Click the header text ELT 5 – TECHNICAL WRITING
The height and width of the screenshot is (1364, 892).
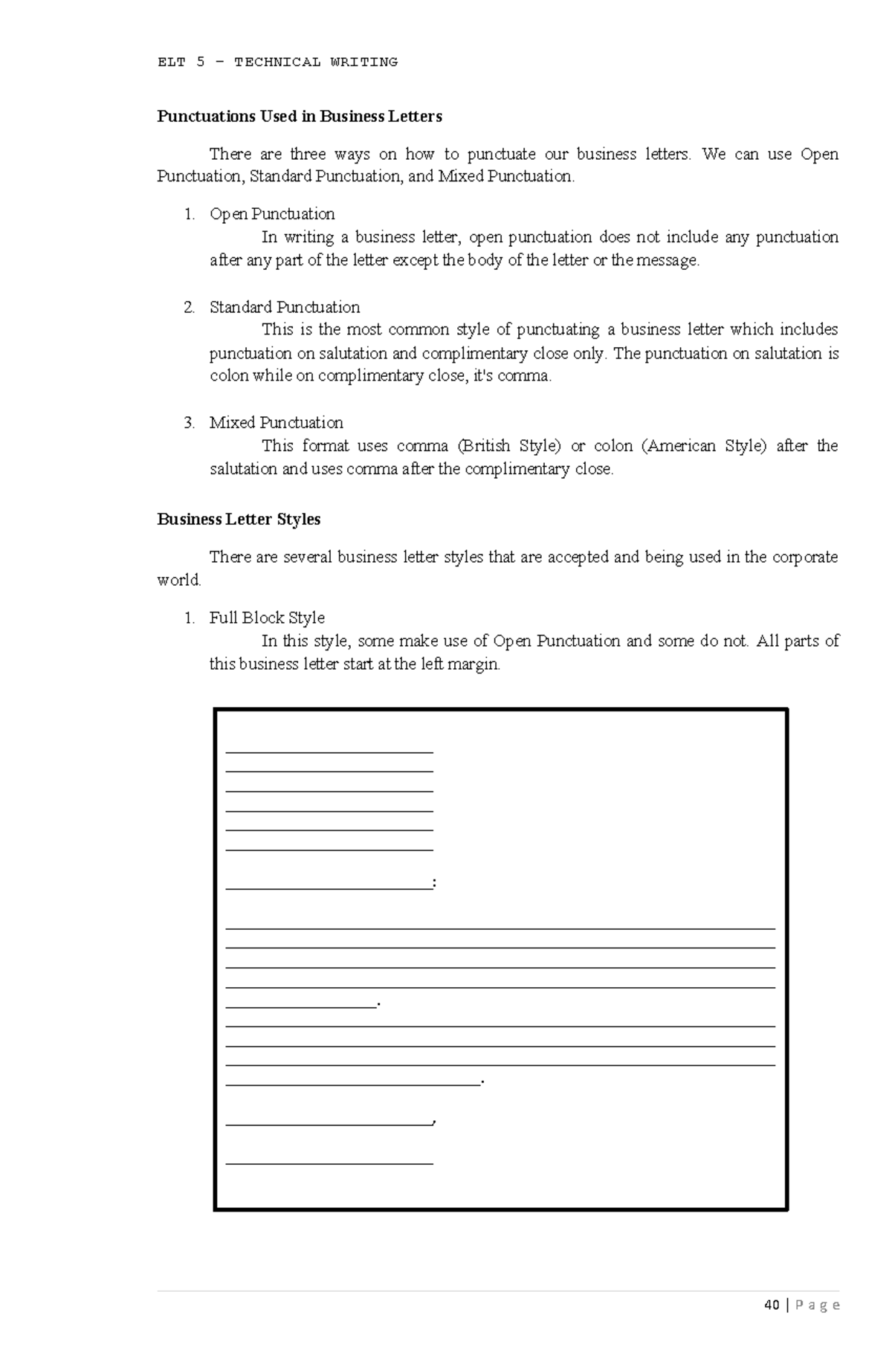(277, 62)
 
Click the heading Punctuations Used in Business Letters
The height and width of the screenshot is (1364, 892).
(299, 117)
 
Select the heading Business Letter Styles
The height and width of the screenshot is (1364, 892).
(239, 520)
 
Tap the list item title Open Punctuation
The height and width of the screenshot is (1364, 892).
(272, 215)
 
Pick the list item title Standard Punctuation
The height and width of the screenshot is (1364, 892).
(285, 308)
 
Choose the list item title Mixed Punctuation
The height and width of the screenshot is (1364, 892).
(276, 423)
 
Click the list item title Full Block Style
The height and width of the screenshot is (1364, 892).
(267, 618)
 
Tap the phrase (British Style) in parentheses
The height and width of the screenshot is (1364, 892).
(508, 446)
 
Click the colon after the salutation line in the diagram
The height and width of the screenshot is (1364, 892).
(434, 883)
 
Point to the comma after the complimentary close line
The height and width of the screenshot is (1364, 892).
(434, 1121)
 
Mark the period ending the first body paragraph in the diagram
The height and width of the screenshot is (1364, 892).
(379, 1004)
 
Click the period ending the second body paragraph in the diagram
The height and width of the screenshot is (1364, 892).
(483, 1082)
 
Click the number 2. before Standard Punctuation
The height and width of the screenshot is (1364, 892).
(189, 308)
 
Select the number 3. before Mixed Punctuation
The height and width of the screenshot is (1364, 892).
(189, 423)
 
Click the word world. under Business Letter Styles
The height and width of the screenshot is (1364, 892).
(179, 581)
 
